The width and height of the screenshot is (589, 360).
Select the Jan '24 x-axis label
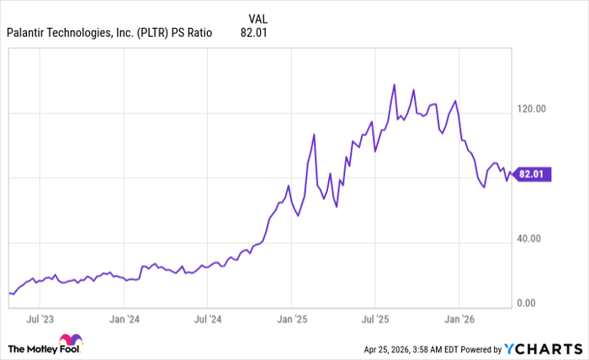(124, 320)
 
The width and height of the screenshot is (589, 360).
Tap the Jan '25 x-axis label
(291, 320)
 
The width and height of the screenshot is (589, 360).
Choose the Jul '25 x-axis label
(374, 320)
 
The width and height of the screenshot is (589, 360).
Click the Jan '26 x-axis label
(459, 320)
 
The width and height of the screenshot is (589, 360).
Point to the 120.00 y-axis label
(530, 109)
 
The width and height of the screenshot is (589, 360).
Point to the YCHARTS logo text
(547, 348)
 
